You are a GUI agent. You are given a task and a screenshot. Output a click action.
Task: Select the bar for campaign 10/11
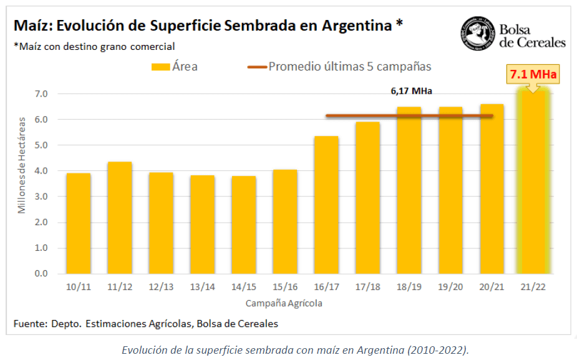pos(79,223)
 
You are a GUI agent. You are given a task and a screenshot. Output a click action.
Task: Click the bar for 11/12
pos(120,218)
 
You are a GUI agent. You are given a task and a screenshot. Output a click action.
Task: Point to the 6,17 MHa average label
pos(412,91)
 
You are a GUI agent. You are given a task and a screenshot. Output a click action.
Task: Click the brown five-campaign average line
pos(362,115)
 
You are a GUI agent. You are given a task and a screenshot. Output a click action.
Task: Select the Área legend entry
pos(175,66)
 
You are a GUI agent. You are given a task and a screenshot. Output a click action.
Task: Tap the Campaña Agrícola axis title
pos(284,303)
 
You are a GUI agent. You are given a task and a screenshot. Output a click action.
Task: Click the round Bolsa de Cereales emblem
pos(478,34)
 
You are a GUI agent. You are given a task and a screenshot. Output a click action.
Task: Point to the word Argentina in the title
pos(357,26)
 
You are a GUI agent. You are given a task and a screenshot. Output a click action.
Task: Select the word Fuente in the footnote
pos(29,324)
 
